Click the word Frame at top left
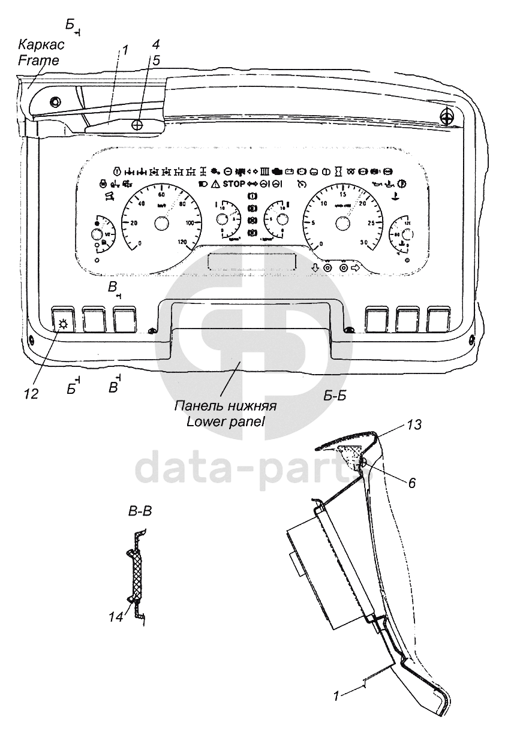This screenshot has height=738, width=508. pos(38,61)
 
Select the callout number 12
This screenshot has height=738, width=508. pos(31,394)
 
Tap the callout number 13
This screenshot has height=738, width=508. pos(414,425)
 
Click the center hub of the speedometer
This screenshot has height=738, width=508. pos(161,224)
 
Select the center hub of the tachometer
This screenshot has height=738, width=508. pos(342,224)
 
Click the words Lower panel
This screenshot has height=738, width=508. pos(225,421)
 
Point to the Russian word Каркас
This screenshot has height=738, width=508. pos(41,45)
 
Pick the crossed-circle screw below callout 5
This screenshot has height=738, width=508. pos(137,125)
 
